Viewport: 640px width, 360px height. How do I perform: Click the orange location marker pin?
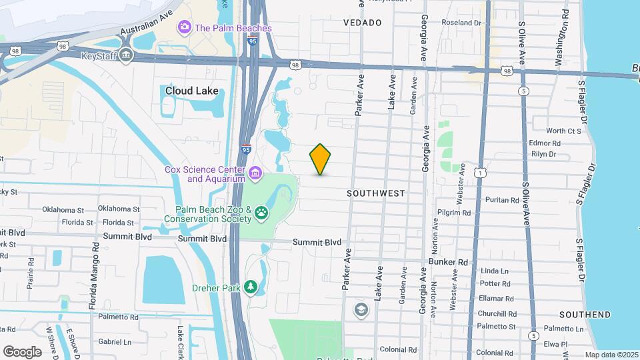(x=320, y=159)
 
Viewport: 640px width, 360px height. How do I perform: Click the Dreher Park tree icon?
(x=251, y=287)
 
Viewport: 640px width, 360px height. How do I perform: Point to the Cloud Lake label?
(x=188, y=91)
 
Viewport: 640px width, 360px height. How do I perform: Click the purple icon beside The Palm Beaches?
(x=183, y=28)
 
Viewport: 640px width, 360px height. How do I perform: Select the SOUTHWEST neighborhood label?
(x=376, y=193)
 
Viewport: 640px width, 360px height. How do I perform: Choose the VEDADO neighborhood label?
(x=363, y=23)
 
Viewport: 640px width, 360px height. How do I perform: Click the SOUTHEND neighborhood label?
(x=585, y=315)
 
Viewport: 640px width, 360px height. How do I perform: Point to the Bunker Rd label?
(x=449, y=263)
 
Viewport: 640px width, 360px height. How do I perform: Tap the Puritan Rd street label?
(x=502, y=200)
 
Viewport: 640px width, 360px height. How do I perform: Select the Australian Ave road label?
(x=147, y=23)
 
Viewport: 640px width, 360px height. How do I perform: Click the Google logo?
(x=22, y=351)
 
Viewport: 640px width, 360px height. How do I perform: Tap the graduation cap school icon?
(x=361, y=309)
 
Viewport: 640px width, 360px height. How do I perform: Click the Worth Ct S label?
(x=563, y=131)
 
